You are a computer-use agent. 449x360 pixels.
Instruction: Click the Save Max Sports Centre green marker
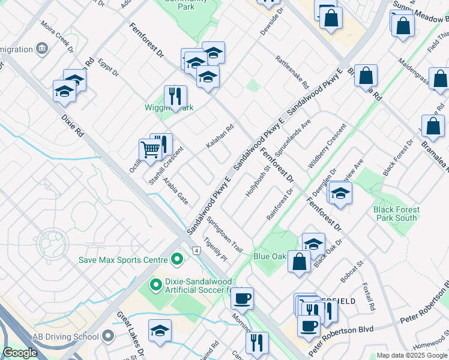(x=176, y=260)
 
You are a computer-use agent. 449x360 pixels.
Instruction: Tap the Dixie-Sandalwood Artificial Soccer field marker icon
(x=155, y=283)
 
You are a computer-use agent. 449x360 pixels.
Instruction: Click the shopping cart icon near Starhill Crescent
(x=149, y=149)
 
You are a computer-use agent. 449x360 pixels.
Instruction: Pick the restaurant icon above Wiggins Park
(x=175, y=97)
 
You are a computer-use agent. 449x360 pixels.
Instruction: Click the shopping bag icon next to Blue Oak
(x=298, y=262)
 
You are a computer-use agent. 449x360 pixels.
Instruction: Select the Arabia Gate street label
(x=176, y=190)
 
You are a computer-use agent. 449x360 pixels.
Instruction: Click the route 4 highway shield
(x=196, y=250)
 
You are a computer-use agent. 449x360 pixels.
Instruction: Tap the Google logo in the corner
(x=20, y=353)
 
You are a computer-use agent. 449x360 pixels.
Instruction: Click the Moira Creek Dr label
(x=56, y=35)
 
